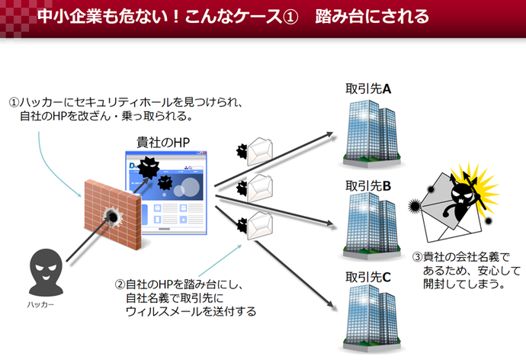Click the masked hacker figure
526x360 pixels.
tap(46, 272)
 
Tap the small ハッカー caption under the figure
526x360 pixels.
tap(40, 304)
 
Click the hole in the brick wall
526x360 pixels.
tap(113, 217)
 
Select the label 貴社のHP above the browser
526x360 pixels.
tap(163, 143)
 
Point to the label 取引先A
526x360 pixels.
tap(368, 89)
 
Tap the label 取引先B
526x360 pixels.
tap(368, 185)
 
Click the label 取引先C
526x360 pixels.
tap(368, 277)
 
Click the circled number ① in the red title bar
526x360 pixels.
tap(290, 17)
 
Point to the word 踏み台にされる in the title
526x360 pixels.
tap(372, 17)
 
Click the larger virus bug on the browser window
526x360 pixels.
tap(149, 167)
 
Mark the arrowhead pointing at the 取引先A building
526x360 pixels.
tap(329, 134)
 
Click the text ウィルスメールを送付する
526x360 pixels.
tap(191, 312)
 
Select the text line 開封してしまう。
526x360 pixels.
tap(464, 284)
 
